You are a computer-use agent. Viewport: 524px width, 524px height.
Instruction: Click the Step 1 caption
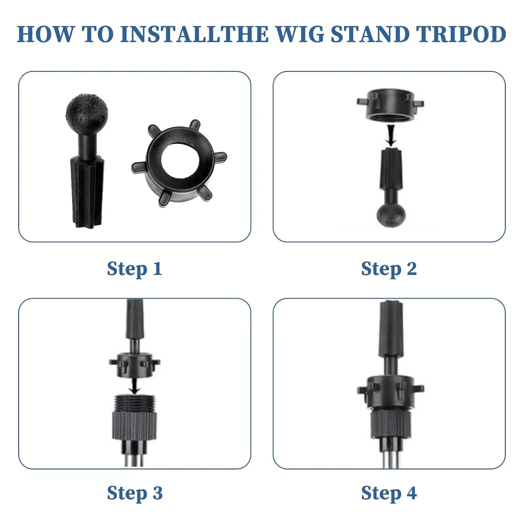click(x=134, y=269)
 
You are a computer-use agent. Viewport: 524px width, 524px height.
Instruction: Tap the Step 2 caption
click(x=389, y=269)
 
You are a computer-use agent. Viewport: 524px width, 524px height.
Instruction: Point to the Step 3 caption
click(x=134, y=493)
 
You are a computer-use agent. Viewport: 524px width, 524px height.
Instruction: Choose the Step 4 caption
click(x=389, y=493)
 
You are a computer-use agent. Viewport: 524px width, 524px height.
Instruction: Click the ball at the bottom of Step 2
click(x=391, y=215)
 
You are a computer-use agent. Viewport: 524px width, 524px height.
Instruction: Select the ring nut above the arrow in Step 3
click(x=134, y=365)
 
